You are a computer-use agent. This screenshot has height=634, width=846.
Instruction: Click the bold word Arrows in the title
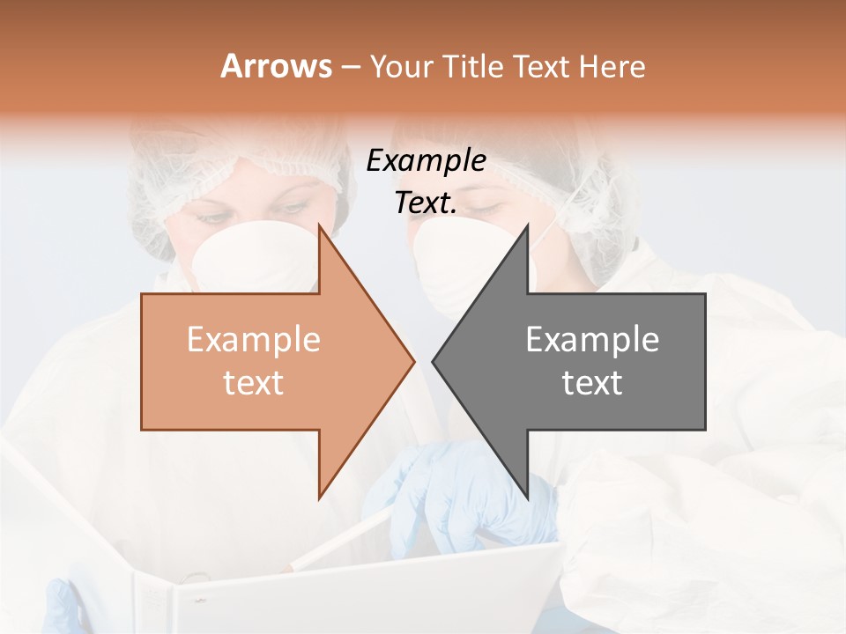click(x=277, y=66)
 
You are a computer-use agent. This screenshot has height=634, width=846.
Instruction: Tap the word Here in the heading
click(x=612, y=66)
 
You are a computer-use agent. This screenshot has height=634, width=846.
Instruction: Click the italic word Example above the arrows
click(x=426, y=161)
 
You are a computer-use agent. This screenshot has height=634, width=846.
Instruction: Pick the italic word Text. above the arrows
click(x=426, y=203)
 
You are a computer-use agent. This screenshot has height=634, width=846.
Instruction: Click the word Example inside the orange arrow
click(x=254, y=340)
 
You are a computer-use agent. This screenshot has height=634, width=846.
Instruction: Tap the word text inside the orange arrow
click(x=254, y=383)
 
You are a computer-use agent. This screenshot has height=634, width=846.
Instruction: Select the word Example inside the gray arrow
click(x=592, y=340)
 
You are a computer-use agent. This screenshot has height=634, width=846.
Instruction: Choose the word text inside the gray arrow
click(x=592, y=383)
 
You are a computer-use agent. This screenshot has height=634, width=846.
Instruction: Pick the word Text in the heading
click(x=543, y=66)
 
